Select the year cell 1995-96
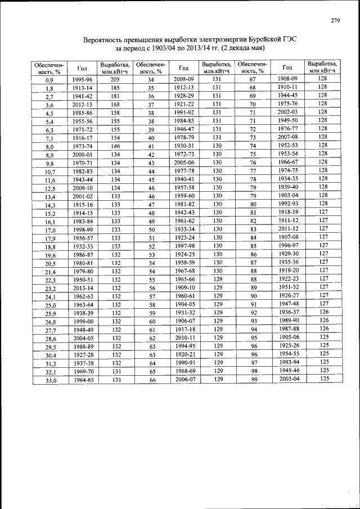click(x=82, y=80)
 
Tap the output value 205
click(x=115, y=80)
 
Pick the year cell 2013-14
click(x=82, y=288)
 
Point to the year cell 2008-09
click(x=183, y=79)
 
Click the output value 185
click(x=115, y=88)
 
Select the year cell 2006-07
click(x=183, y=380)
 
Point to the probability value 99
click(x=253, y=380)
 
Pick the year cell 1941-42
click(x=82, y=96)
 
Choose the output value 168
click(x=115, y=105)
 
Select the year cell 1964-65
click(x=82, y=380)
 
